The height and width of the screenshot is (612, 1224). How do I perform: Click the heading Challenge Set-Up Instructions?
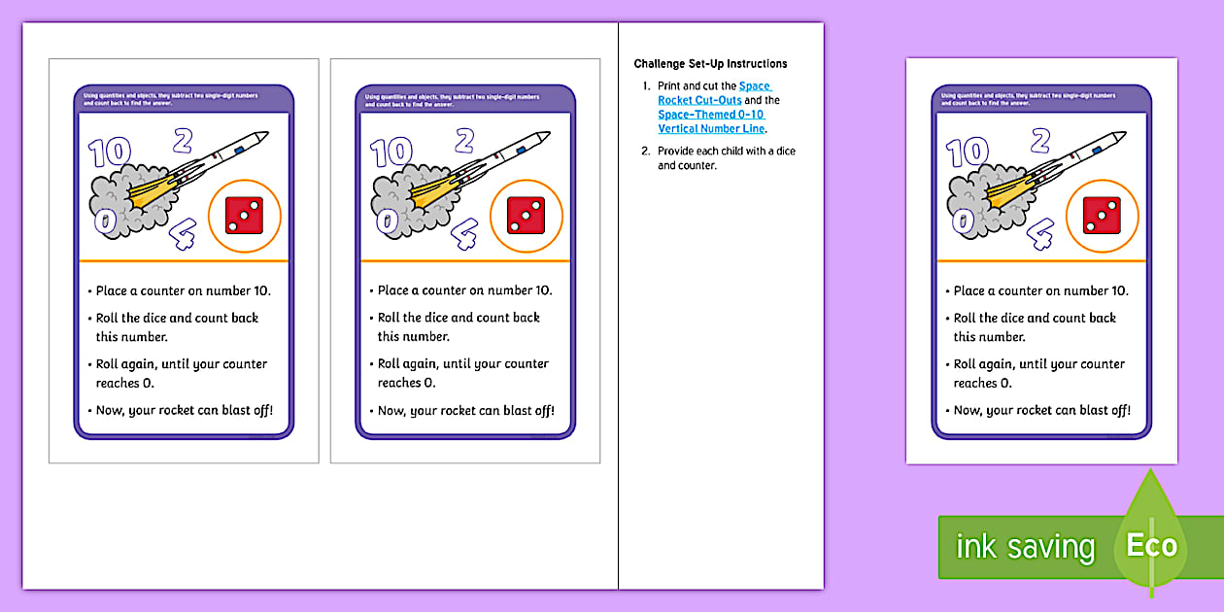click(x=710, y=64)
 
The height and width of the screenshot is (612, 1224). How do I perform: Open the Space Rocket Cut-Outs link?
click(x=714, y=93)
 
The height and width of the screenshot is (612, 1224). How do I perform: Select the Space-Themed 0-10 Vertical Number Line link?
click(x=712, y=121)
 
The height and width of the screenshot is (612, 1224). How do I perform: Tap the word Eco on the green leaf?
click(x=1152, y=546)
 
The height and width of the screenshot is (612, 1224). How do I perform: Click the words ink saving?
click(x=1025, y=547)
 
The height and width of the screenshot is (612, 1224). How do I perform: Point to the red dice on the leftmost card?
click(x=244, y=215)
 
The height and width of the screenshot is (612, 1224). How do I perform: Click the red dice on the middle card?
click(x=526, y=215)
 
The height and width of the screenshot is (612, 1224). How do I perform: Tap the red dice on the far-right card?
click(x=1102, y=215)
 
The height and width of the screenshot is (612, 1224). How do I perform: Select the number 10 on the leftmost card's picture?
click(x=109, y=153)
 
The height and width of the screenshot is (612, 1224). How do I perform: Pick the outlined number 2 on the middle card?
click(x=464, y=141)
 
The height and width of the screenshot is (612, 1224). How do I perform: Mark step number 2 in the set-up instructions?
click(x=645, y=152)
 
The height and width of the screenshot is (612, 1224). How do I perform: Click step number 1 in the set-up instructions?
click(x=645, y=86)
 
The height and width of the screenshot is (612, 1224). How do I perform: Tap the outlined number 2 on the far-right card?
click(x=1040, y=141)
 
